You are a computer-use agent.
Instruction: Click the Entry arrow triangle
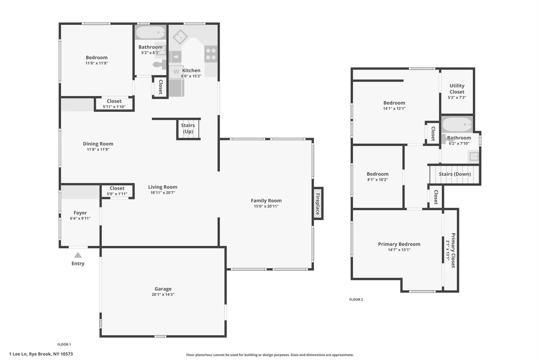tap(78, 255)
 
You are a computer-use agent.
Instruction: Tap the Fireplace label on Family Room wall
tap(318, 204)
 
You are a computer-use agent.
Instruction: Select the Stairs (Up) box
tap(188, 129)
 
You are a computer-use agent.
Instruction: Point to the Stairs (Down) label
tap(455, 174)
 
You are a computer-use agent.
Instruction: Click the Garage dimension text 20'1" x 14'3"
tap(163, 295)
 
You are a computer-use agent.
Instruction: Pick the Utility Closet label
tap(457, 89)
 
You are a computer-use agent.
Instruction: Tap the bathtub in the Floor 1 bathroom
tap(151, 34)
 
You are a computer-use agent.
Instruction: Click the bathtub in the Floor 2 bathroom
tap(457, 124)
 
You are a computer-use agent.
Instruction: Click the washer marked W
tap(176, 72)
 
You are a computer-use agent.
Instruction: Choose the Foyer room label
tap(80, 213)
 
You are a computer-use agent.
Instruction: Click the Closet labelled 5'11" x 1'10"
tap(114, 104)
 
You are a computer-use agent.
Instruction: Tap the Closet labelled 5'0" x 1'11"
tap(117, 191)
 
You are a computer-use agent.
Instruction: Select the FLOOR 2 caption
tap(356, 300)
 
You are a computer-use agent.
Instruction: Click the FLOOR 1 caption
tap(64, 344)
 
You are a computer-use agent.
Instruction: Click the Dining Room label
tap(98, 144)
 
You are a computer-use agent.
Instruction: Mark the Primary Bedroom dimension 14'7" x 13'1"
tap(399, 250)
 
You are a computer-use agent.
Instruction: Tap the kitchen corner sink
tap(180, 37)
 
